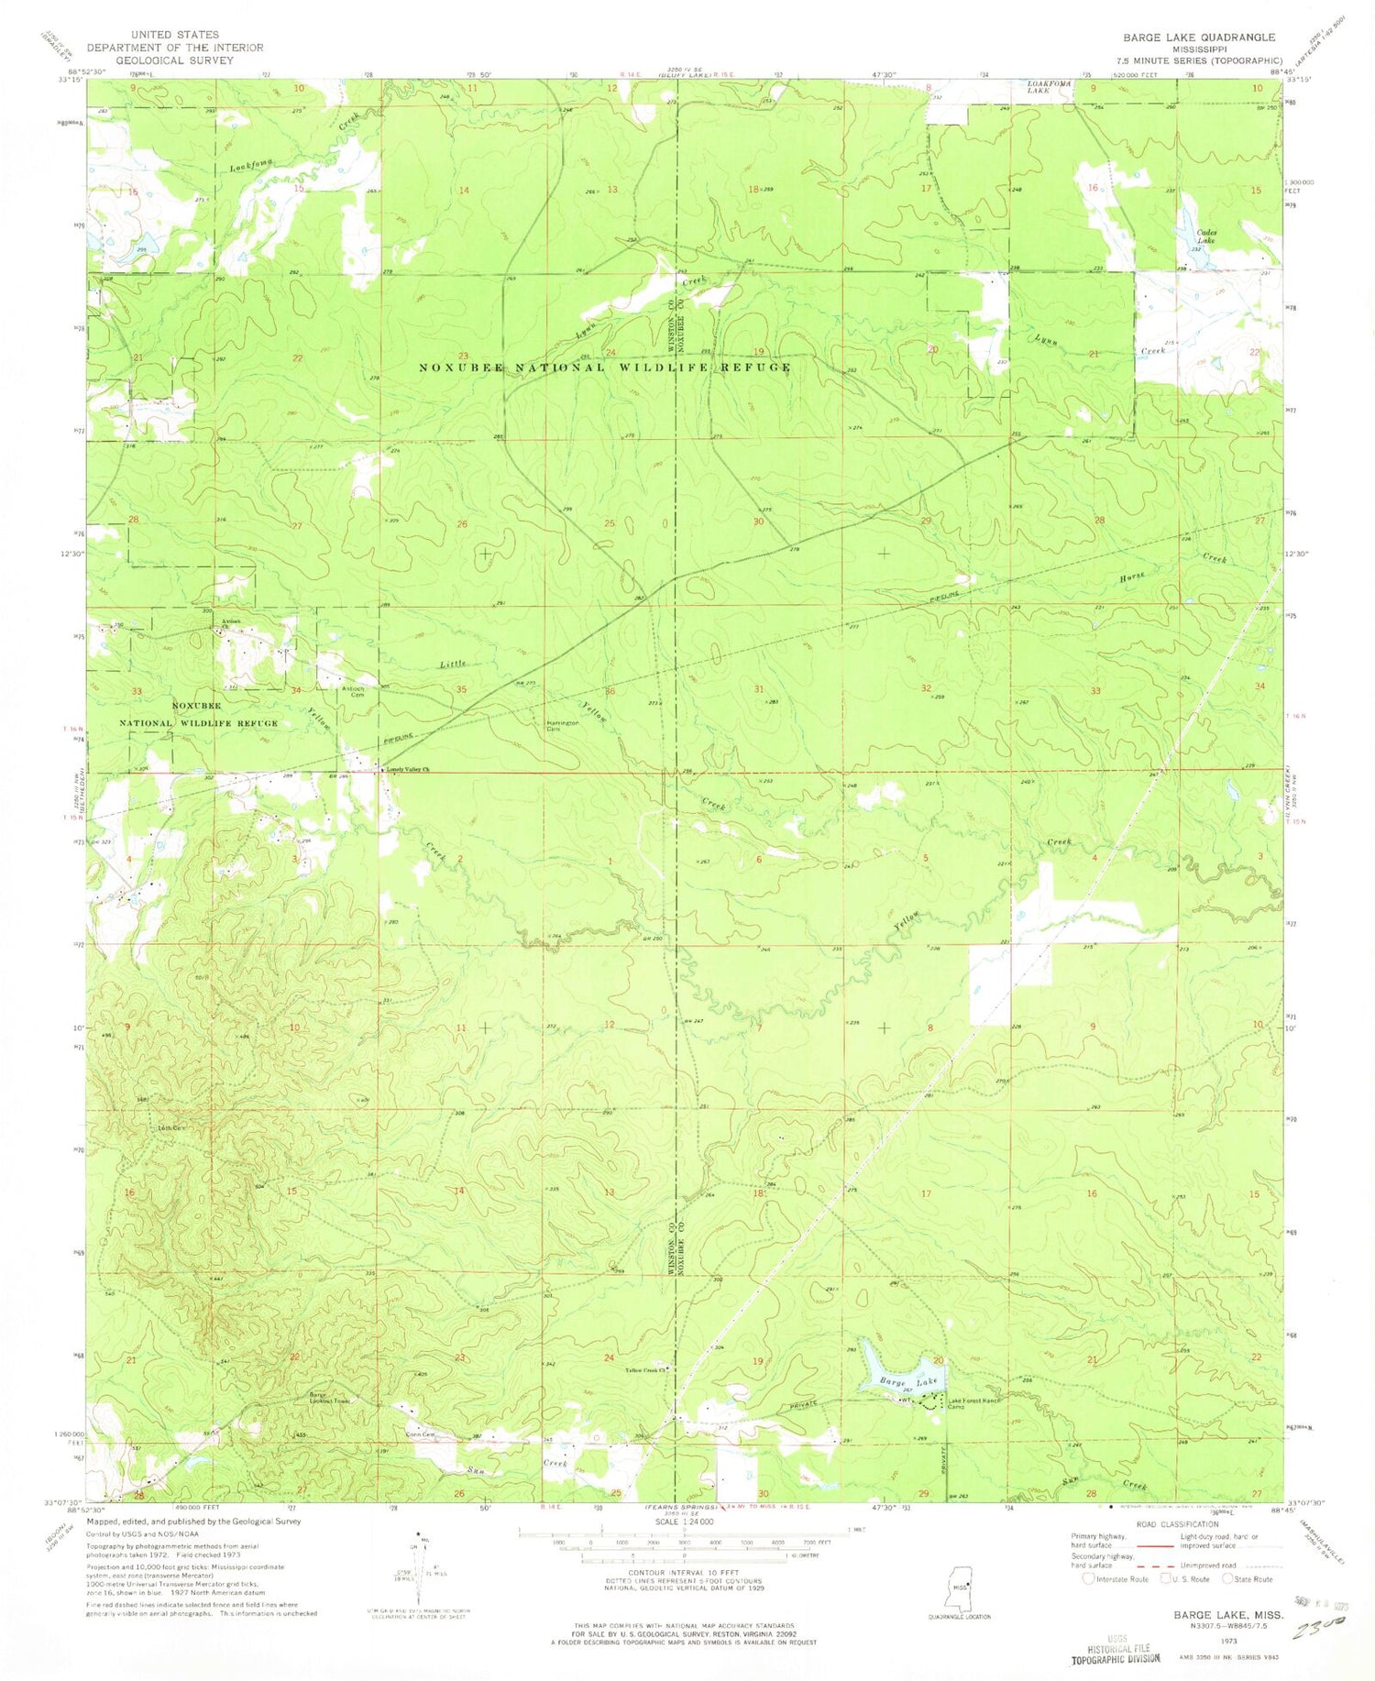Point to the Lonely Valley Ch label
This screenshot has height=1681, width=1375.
tap(408, 769)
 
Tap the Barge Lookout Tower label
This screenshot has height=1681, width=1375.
tap(329, 1399)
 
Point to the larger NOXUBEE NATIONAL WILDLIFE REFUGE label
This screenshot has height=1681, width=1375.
tap(604, 368)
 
